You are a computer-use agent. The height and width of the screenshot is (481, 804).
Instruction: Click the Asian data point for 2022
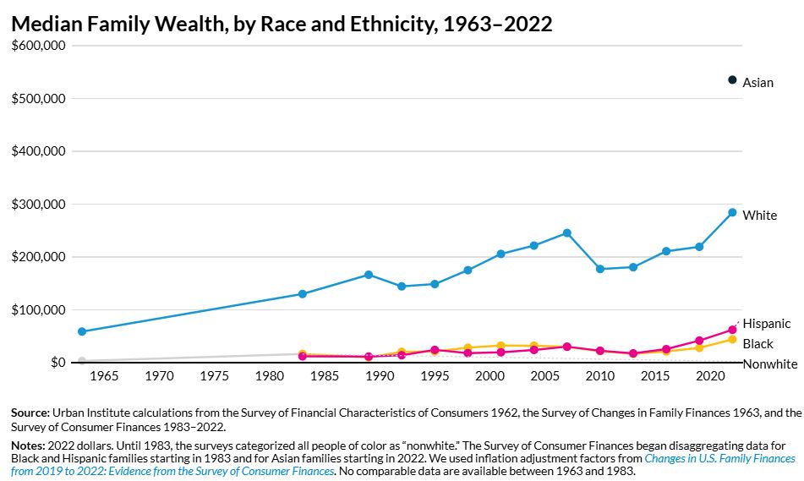click(732, 80)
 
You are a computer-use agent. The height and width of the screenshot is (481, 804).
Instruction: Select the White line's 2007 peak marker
click(566, 232)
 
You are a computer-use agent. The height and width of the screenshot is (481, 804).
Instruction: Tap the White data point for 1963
click(82, 331)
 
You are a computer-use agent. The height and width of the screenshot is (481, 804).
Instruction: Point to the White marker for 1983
click(303, 294)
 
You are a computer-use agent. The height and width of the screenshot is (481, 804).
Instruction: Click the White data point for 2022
click(732, 212)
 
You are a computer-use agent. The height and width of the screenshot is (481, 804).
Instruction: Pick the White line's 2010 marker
click(600, 269)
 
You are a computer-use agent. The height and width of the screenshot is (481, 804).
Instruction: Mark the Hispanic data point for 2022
click(732, 330)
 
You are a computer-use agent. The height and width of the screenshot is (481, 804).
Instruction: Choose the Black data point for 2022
click(732, 340)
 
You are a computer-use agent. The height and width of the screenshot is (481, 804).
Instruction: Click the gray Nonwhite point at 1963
click(82, 361)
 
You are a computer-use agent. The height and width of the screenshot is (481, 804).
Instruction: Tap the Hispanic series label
click(767, 324)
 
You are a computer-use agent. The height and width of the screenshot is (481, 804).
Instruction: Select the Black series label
click(758, 343)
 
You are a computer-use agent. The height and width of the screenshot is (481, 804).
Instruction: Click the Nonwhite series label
click(770, 364)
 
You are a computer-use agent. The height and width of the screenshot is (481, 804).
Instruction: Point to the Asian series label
click(758, 83)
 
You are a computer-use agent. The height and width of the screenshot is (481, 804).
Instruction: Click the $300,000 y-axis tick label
click(38, 204)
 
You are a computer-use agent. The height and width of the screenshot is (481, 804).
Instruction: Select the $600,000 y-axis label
click(38, 46)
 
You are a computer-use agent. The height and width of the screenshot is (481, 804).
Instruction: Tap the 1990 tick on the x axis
click(380, 376)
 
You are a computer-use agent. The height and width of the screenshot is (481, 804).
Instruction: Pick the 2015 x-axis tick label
click(655, 376)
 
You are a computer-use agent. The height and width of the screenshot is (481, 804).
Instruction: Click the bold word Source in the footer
click(30, 413)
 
